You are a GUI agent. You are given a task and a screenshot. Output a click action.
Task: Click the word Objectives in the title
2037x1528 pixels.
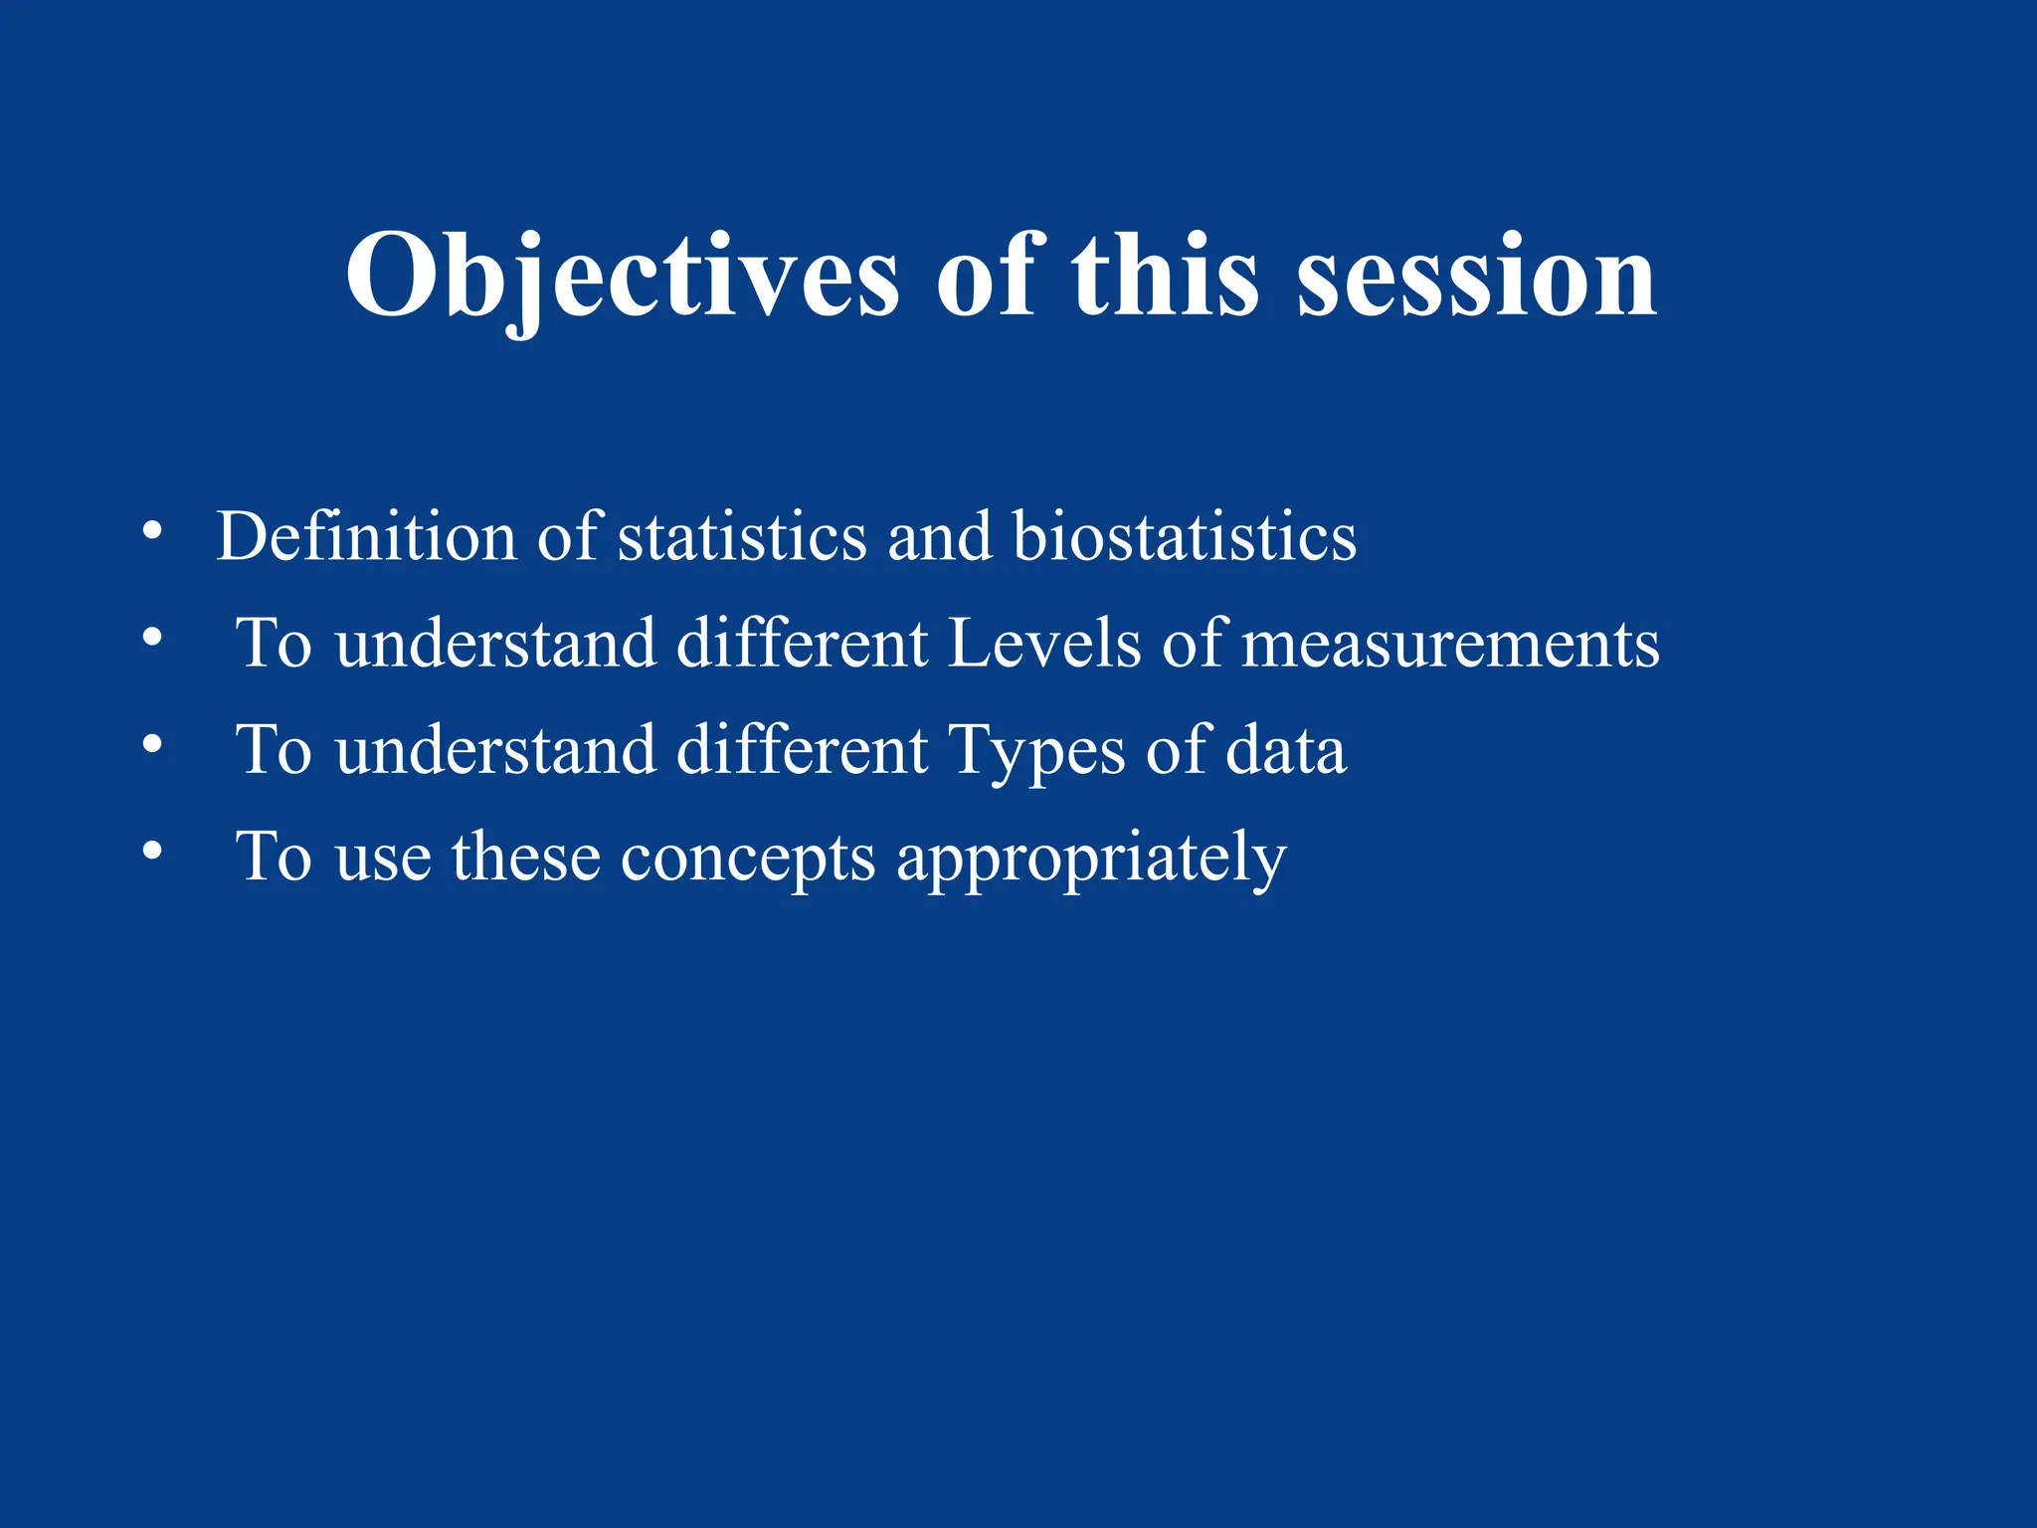pyautogui.click(x=622, y=276)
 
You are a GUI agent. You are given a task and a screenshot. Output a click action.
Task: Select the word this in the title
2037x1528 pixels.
pyautogui.click(x=1165, y=276)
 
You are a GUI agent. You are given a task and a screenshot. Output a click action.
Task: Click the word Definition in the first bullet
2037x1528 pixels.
pyautogui.click(x=366, y=537)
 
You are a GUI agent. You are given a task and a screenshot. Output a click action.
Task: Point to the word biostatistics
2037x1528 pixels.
pyautogui.click(x=1184, y=537)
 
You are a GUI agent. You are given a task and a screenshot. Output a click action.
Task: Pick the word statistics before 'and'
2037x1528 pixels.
pyautogui.click(x=742, y=537)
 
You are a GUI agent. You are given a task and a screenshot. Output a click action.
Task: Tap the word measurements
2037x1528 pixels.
pyautogui.click(x=1451, y=644)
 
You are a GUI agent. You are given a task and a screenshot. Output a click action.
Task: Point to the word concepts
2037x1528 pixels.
pyautogui.click(x=748, y=858)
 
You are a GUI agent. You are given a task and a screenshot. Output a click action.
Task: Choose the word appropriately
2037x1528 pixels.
pyautogui.click(x=1091, y=858)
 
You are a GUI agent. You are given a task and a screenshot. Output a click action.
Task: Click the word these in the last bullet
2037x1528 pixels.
pyautogui.click(x=526, y=857)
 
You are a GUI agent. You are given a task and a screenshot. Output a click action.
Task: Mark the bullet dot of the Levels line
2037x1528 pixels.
pyautogui.click(x=151, y=637)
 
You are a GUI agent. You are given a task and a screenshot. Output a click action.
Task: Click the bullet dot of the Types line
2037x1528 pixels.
pyautogui.click(x=151, y=743)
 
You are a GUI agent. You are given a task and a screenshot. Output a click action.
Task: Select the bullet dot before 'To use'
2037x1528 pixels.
pyautogui.click(x=151, y=851)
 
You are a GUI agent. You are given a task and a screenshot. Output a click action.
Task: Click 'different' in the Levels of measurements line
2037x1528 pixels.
pyautogui.click(x=802, y=644)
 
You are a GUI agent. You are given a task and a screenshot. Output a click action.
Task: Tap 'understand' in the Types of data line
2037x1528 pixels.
pyautogui.click(x=496, y=750)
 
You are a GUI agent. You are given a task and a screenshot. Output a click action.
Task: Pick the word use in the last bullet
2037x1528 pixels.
pyautogui.click(x=383, y=858)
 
